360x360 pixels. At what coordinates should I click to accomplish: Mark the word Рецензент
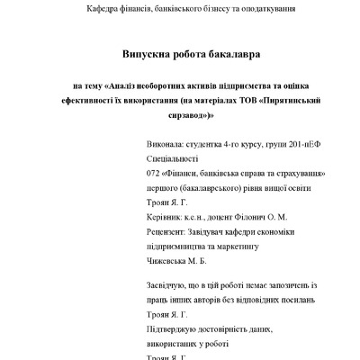tap(168, 231)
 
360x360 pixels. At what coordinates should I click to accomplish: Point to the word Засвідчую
tap(170, 284)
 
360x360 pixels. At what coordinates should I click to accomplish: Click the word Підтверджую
tap(175, 329)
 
